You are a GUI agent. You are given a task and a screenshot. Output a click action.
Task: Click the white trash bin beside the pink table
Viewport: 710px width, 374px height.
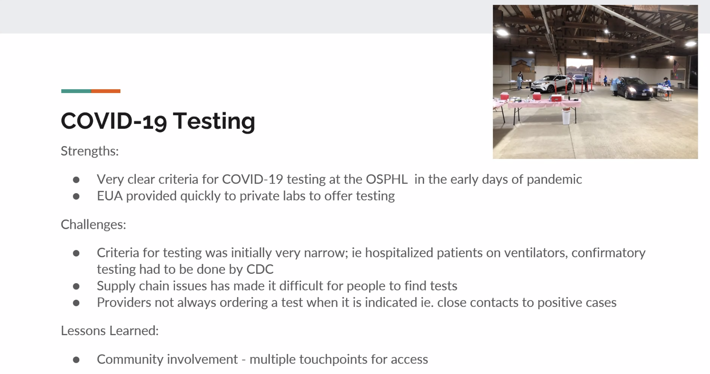(566, 117)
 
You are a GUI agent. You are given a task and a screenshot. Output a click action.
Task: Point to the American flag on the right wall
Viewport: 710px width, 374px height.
(676, 67)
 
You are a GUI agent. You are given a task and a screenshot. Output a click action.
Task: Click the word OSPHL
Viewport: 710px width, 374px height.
(387, 179)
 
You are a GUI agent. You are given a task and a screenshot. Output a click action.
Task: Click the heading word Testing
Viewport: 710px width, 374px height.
(214, 121)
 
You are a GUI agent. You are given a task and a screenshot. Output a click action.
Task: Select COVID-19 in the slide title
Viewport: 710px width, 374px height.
(114, 121)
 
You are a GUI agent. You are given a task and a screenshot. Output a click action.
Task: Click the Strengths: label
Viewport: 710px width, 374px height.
(90, 151)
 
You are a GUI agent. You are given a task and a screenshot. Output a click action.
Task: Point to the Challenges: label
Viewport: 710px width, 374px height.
(94, 224)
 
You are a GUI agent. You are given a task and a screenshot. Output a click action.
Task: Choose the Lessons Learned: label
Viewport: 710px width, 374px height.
(110, 331)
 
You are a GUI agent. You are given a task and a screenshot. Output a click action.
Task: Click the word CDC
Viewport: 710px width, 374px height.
(260, 269)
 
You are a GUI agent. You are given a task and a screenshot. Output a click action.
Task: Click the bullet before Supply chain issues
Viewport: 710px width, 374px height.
(76, 286)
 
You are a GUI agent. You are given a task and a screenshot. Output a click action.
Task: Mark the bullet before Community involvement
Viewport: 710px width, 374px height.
(76, 360)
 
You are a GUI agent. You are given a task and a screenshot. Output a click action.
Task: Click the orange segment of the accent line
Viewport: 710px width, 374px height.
(106, 91)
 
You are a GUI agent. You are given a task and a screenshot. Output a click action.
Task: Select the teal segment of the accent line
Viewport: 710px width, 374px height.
(76, 91)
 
